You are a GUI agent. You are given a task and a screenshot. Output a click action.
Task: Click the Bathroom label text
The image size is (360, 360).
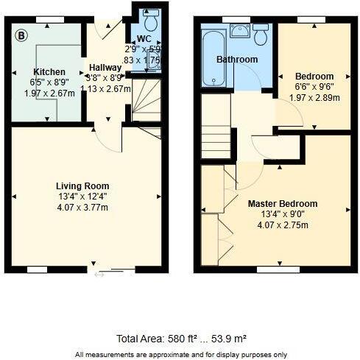pyautogui.click(x=236, y=59)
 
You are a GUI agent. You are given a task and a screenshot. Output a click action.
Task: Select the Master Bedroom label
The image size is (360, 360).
pyautogui.click(x=282, y=203)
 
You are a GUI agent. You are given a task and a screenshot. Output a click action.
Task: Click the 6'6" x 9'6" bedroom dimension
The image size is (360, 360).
pyautogui.click(x=314, y=87)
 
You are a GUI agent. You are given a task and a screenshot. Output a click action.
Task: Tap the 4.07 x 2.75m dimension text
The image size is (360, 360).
pyautogui.click(x=282, y=225)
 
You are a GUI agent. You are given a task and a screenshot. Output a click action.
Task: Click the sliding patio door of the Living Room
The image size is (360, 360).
pyautogui.click(x=111, y=271)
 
